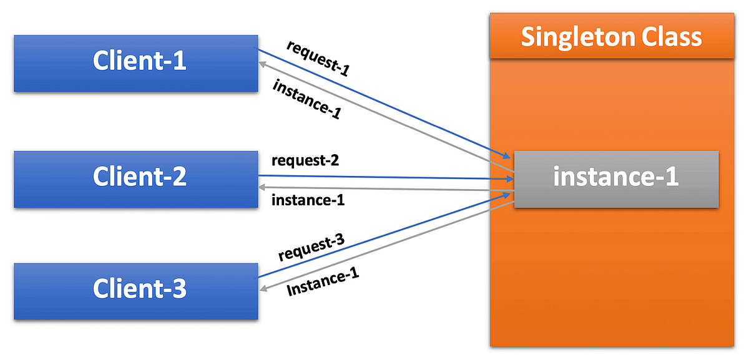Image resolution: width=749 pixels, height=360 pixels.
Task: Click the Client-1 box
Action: [135, 63]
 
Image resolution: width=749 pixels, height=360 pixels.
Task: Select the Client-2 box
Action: [135, 178]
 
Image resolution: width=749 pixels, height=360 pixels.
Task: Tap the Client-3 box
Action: [135, 291]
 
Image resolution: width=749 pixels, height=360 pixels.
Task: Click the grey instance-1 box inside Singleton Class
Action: [616, 178]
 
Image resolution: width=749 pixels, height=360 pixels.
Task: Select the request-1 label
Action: [318, 58]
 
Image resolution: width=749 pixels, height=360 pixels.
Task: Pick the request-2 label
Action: [305, 161]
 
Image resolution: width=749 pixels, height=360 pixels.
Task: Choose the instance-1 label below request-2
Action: [308, 201]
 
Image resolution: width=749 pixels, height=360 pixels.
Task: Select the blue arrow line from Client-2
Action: [387, 177]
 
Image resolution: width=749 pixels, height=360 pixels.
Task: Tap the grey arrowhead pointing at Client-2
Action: [263, 187]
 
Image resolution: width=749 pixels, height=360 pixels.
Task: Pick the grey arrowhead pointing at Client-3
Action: [264, 288]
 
